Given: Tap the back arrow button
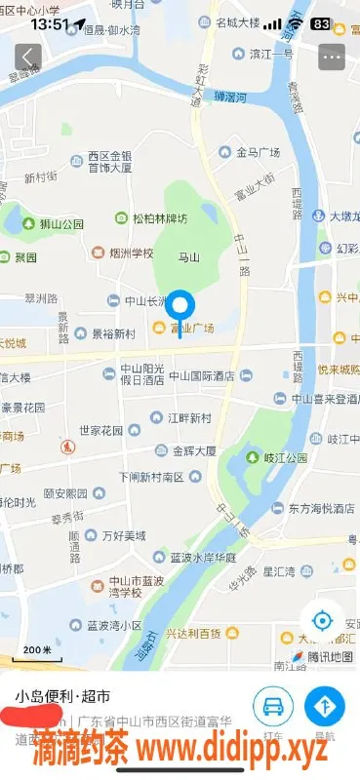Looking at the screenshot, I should tap(28, 56).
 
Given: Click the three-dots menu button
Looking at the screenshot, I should tap(332, 56).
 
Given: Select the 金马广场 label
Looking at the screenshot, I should tap(257, 153).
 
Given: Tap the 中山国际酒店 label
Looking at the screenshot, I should tap(202, 375).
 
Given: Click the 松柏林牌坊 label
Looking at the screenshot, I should tap(159, 217).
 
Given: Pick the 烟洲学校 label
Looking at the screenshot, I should tap(131, 253).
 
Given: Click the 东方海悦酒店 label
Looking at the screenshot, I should tap(319, 508).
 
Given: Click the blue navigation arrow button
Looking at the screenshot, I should tap(325, 705).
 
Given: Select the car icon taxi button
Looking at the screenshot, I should tap(273, 705).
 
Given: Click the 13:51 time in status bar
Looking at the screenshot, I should tap(49, 22).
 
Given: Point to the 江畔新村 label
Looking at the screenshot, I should tap(188, 418).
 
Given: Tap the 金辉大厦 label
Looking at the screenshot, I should tap(195, 450).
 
